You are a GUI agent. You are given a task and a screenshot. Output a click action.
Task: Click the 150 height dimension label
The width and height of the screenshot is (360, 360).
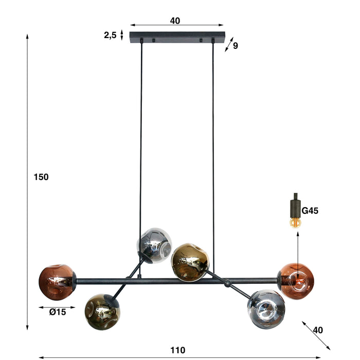(x=41, y=177)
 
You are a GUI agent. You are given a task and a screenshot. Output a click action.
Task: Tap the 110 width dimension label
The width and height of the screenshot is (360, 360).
(x=177, y=350)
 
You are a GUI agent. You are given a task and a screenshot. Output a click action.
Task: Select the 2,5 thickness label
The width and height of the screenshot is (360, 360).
(x=110, y=35)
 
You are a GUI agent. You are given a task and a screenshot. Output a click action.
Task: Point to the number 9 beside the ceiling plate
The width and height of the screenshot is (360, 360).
(x=235, y=46)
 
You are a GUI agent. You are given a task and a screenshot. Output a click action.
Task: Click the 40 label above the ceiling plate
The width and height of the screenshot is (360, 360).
(x=175, y=21)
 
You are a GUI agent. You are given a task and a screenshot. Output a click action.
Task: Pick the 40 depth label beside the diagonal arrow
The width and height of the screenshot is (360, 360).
(x=318, y=330)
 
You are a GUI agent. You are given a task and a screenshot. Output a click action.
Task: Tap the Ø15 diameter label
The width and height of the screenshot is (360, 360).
(x=58, y=312)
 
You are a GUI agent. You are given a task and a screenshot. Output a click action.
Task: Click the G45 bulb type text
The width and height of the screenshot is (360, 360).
(x=311, y=210)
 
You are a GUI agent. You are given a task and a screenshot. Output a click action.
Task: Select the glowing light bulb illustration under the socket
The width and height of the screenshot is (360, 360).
(x=295, y=222)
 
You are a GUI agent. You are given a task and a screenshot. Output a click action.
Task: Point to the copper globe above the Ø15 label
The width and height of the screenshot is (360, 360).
(x=57, y=281)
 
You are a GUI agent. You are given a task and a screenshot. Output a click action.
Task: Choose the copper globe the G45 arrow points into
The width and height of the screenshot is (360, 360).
(x=297, y=281)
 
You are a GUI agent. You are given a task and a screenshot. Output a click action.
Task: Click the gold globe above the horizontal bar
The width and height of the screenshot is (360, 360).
(x=190, y=262)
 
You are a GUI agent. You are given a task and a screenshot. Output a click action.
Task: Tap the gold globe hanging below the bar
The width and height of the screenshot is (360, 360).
(x=102, y=312)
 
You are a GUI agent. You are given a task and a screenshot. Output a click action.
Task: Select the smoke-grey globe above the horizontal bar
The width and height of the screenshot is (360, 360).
(x=154, y=245)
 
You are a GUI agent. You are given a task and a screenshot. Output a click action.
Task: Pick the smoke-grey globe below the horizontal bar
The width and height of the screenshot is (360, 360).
(x=265, y=309)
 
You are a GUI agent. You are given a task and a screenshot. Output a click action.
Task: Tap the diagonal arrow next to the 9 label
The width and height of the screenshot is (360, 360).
(x=229, y=44)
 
